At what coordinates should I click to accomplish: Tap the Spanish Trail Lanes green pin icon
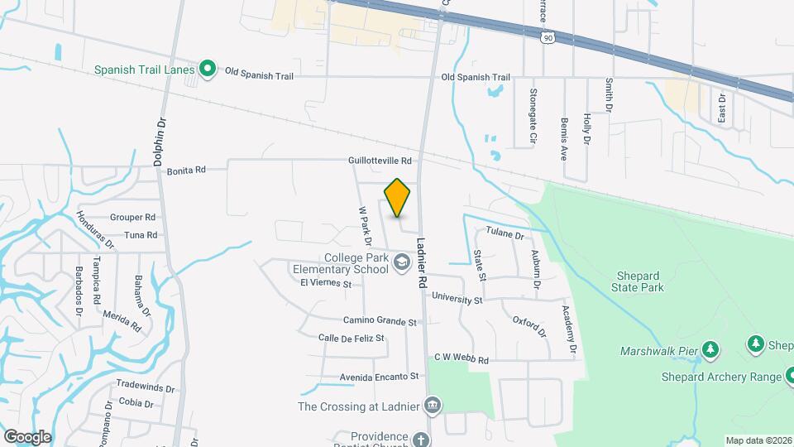click(208, 70)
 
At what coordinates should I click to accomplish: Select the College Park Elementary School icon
click(402, 263)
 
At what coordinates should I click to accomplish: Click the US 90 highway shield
click(547, 37)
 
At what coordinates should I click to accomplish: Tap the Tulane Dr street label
click(505, 235)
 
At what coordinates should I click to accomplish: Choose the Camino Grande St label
click(380, 321)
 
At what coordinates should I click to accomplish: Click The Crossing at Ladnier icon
click(432, 406)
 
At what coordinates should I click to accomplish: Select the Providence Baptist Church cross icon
click(422, 439)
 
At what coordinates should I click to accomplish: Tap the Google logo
click(27, 436)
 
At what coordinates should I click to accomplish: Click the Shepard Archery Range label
click(721, 377)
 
